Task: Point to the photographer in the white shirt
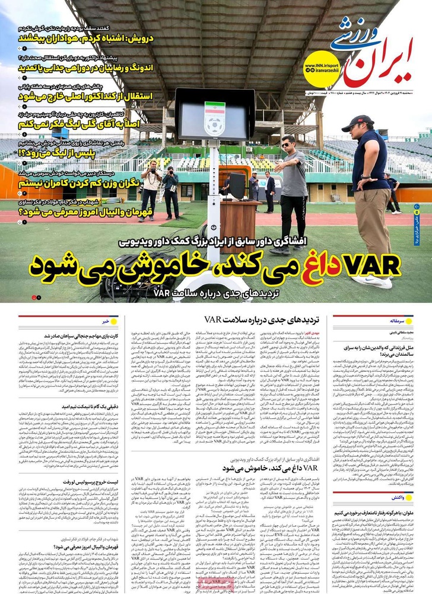151,190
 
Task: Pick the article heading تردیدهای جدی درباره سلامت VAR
271,320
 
